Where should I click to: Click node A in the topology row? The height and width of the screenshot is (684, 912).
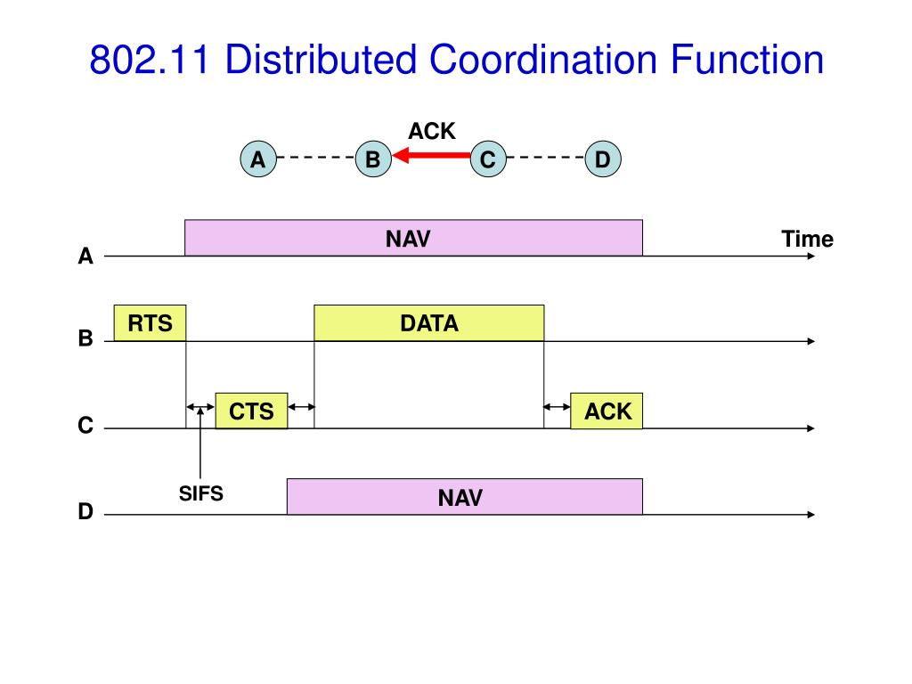pyautogui.click(x=258, y=159)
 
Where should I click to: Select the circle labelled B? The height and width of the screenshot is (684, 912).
pyautogui.click(x=373, y=159)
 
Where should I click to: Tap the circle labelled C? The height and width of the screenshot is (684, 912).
pyautogui.click(x=488, y=159)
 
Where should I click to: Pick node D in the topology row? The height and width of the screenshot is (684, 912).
pyautogui.click(x=603, y=159)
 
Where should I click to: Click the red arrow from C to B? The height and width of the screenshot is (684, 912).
pyautogui.click(x=432, y=155)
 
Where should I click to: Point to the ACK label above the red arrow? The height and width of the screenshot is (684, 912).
pyautogui.click(x=432, y=131)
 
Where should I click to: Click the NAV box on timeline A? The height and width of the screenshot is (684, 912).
pyautogui.click(x=413, y=238)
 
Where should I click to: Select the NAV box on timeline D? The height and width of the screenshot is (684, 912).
pyautogui.click(x=465, y=497)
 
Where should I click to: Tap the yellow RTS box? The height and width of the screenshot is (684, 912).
pyautogui.click(x=150, y=322)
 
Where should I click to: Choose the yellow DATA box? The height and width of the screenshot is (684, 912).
pyautogui.click(x=429, y=322)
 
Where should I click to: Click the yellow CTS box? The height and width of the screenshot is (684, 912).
pyautogui.click(x=251, y=411)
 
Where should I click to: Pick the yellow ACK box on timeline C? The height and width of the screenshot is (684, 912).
pyautogui.click(x=607, y=411)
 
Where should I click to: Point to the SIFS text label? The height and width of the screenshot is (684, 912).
pyautogui.click(x=200, y=493)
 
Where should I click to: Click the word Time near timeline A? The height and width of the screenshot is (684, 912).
pyautogui.click(x=807, y=239)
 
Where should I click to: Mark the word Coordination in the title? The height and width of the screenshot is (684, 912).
pyautogui.click(x=544, y=60)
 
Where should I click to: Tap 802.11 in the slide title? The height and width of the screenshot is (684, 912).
pyautogui.click(x=150, y=60)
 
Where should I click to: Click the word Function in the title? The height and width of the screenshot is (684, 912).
pyautogui.click(x=747, y=60)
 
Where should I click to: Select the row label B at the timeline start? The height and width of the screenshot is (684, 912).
pyautogui.click(x=85, y=338)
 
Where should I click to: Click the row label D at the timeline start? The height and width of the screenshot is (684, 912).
pyautogui.click(x=85, y=511)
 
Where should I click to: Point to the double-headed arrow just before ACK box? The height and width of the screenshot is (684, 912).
pyautogui.click(x=558, y=407)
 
